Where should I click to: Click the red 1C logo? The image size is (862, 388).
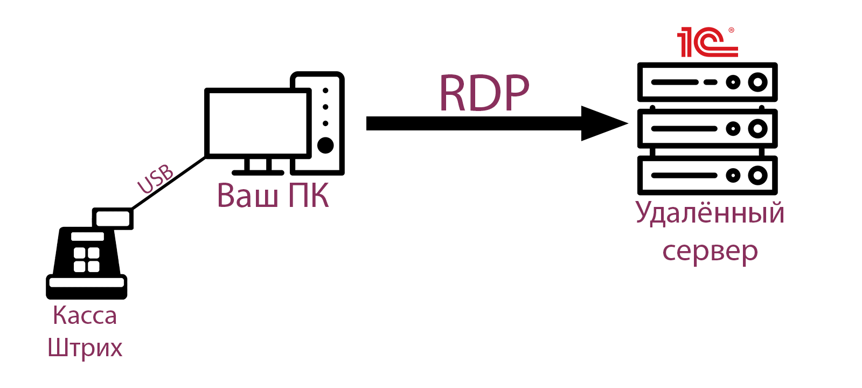707,43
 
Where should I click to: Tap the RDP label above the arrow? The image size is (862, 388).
484,93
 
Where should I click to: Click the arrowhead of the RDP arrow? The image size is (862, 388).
603,123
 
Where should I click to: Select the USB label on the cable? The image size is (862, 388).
156,179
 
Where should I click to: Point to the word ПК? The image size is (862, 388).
309,195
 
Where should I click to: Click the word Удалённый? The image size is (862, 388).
710,213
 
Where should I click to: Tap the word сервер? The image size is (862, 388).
710,251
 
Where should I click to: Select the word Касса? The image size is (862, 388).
85,316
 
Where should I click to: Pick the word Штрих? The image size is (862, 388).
85,348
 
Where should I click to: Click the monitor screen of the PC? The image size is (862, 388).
258,123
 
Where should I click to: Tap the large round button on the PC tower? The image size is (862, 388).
325,145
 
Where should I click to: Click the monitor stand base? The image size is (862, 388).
258,172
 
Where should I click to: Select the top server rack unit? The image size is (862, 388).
707,82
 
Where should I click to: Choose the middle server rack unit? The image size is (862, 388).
707,129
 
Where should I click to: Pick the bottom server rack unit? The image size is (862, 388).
707,175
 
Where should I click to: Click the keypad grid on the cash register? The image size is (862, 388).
86,260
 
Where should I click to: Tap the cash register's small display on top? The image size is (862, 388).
113,219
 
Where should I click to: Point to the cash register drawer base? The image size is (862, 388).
86,286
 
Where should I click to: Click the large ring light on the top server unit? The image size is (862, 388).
757,82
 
